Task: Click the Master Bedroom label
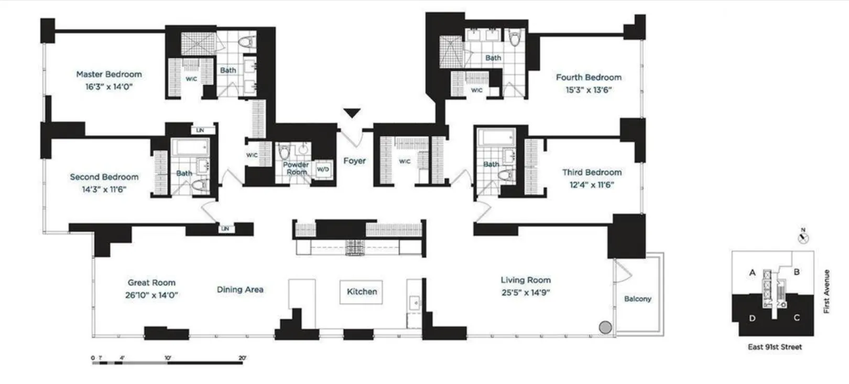[109, 74]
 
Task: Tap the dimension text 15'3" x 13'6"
[589, 90]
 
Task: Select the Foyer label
[354, 161]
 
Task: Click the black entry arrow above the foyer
[352, 113]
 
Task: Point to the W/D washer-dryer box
[323, 169]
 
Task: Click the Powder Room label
[296, 168]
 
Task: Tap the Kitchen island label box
[362, 292]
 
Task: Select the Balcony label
[638, 299]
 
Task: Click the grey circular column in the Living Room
[605, 327]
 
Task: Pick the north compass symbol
[803, 238]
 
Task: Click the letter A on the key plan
[753, 272]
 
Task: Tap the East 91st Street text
[775, 347]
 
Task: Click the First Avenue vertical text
[827, 292]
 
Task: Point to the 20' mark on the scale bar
[242, 358]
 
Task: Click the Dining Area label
[240, 290]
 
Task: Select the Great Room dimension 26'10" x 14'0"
[151, 295]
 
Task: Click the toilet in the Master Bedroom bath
[246, 41]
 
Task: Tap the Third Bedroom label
[592, 173]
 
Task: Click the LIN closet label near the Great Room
[225, 229]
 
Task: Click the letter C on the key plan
[797, 318]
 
